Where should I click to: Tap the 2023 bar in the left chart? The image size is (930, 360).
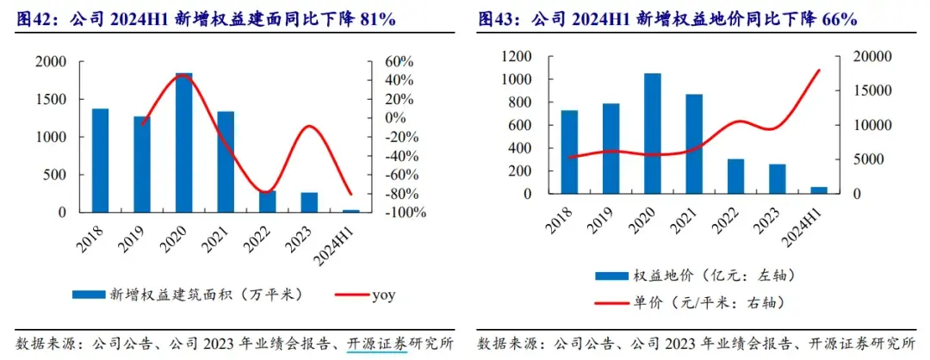coord(309,202)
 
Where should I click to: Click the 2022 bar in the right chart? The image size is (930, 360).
coord(735,177)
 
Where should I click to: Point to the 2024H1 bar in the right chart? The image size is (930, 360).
coord(819,190)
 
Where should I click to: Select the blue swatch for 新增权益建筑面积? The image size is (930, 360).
coord(89,295)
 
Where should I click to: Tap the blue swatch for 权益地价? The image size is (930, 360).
coord(612,276)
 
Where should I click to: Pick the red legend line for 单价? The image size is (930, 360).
coord(613,302)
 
